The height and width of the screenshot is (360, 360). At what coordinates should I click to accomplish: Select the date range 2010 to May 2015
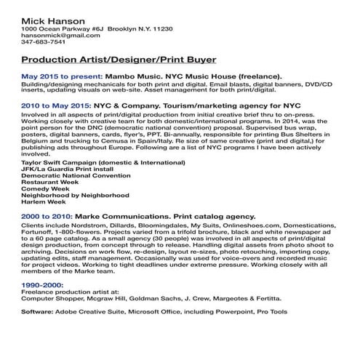[x=60, y=105]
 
